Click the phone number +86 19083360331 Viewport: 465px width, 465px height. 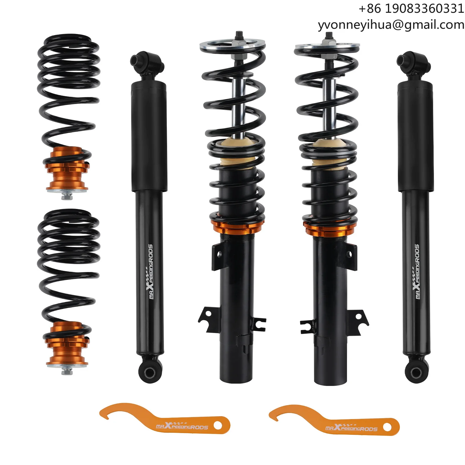pyautogui.click(x=411, y=9)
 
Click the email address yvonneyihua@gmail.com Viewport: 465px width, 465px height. pyautogui.click(x=391, y=25)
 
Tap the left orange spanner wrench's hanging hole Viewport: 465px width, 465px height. pyautogui.click(x=218, y=426)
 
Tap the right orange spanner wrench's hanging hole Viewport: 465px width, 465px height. pyautogui.click(x=387, y=427)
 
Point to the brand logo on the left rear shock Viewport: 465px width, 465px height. pyautogui.click(x=151, y=272)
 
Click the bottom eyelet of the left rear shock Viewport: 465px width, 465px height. pyautogui.click(x=150, y=372)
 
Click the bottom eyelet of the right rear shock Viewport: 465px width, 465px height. pyautogui.click(x=416, y=372)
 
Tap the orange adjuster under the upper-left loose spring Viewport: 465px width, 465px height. pyautogui.click(x=67, y=170)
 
